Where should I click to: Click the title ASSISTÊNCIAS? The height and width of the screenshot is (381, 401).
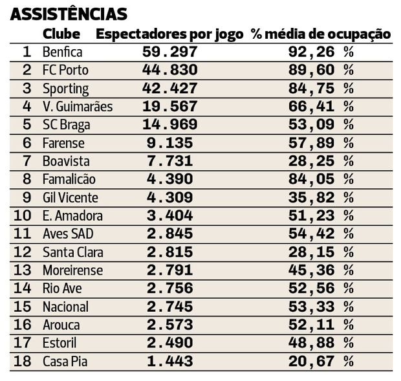tap(69, 14)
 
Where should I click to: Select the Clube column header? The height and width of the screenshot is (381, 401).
tap(61, 34)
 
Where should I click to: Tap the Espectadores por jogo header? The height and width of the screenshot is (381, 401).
tap(169, 34)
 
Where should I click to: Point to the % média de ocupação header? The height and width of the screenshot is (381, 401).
tap(321, 34)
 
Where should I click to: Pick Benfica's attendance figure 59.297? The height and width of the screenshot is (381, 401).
tap(169, 52)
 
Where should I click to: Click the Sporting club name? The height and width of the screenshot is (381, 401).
tap(65, 89)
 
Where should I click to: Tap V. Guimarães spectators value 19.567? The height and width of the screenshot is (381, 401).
tap(169, 107)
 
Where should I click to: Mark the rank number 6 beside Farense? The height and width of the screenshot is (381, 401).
tap(27, 143)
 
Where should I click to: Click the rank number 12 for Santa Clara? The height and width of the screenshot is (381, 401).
tap(23, 252)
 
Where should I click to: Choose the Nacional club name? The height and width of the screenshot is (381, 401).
tap(65, 307)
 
